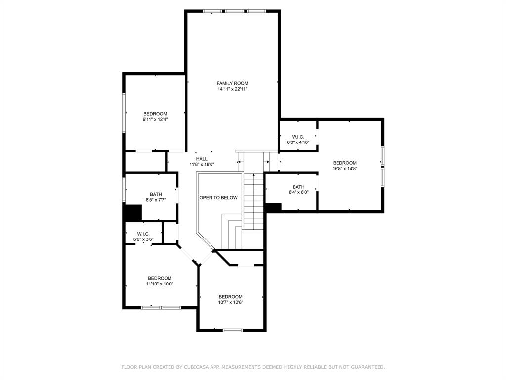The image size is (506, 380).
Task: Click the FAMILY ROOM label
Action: (232, 83)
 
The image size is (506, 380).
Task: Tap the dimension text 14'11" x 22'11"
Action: (232, 89)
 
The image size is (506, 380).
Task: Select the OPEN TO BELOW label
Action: (218, 198)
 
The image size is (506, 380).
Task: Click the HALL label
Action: (202, 159)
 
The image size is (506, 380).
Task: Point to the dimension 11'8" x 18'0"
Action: (202, 165)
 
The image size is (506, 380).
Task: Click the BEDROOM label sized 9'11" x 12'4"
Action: (155, 113)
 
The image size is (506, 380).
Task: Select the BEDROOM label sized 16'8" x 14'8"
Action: (344, 163)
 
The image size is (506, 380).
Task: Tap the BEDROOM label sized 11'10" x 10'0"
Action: (160, 278)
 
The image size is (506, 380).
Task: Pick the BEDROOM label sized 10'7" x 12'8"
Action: (231, 297)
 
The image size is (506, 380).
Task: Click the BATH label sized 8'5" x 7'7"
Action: (156, 194)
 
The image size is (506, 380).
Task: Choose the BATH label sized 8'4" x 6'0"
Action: (298, 187)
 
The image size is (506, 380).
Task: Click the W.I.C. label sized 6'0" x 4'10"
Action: (298, 137)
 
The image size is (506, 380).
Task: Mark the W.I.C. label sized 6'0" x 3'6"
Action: (143, 234)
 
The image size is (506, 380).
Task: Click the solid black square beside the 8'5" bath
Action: (132, 213)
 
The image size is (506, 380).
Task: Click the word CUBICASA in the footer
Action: (195, 367)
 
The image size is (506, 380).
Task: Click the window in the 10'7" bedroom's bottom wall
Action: (232, 330)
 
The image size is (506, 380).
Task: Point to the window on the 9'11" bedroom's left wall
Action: (124, 111)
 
